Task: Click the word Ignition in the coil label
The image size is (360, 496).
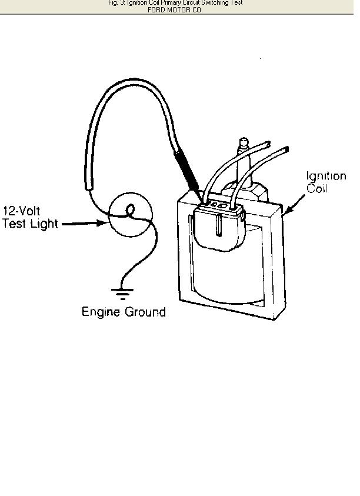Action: (x=326, y=176)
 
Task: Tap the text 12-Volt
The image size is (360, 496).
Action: (x=22, y=211)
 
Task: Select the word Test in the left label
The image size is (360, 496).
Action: (x=14, y=224)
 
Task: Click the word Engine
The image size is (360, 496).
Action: (x=100, y=312)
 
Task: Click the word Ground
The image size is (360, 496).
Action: (x=144, y=312)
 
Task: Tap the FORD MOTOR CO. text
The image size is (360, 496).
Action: (x=175, y=10)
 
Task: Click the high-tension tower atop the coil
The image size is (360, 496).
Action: (x=243, y=145)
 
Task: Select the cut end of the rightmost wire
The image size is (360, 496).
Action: (x=286, y=149)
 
